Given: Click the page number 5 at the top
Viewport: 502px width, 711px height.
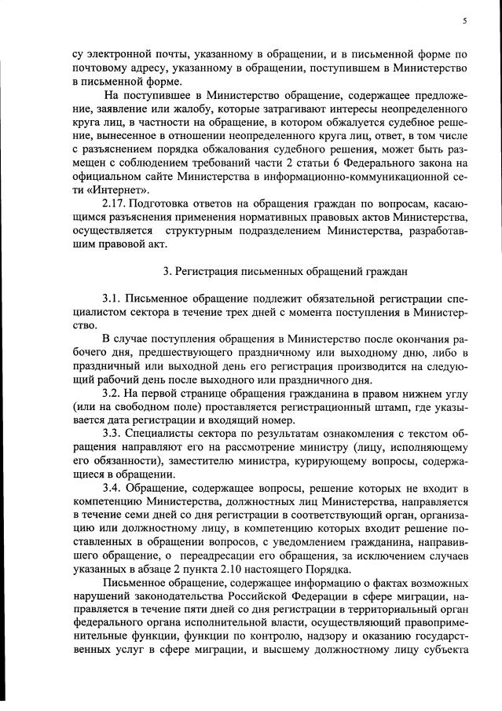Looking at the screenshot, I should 465,20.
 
